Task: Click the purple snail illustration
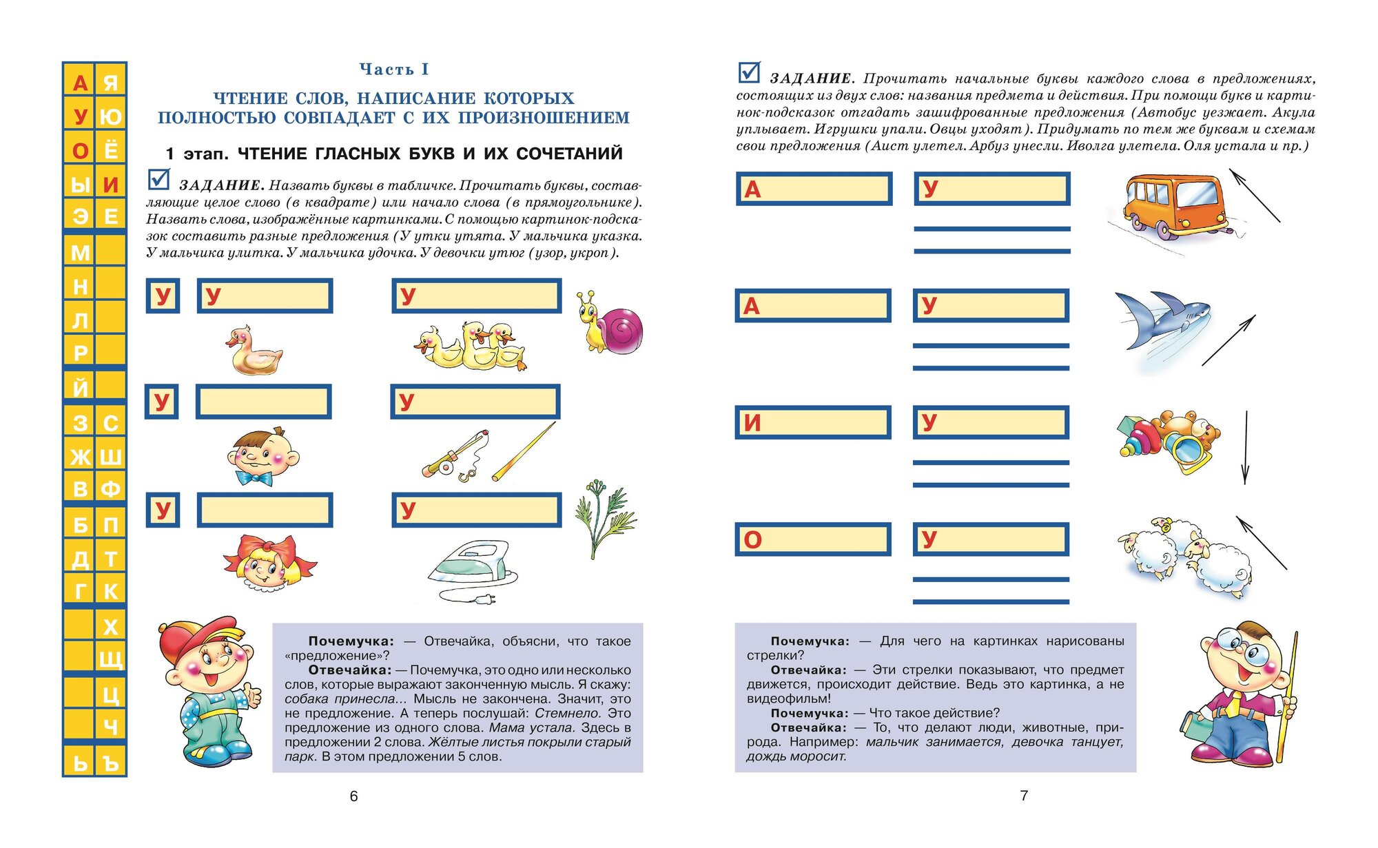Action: [612, 324]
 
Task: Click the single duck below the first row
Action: [254, 351]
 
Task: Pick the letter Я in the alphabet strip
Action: [110, 83]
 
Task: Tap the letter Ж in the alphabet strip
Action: [80, 457]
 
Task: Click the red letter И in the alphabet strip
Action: [110, 185]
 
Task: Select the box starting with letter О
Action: [813, 539]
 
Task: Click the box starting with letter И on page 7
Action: [813, 422]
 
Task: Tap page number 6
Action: [354, 796]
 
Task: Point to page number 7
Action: [1024, 796]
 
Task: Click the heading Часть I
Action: [394, 70]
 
